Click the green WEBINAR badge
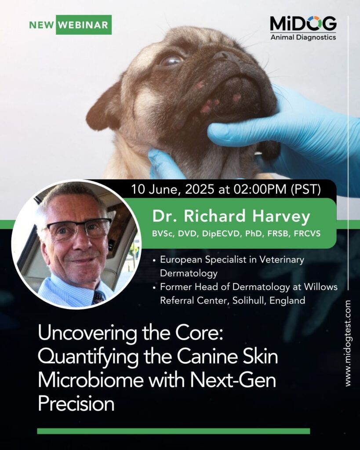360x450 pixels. point(84,25)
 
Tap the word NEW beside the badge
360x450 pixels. point(41,25)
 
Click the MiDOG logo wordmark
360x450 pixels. point(303,24)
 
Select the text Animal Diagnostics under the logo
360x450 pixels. point(303,37)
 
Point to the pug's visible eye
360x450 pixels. point(171,60)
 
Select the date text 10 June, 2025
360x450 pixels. point(172,189)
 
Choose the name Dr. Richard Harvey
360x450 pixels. point(231,216)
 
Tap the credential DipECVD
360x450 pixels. point(221,234)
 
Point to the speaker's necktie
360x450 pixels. point(98,297)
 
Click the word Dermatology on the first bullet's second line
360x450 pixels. point(189,273)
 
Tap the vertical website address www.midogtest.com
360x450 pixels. point(348,343)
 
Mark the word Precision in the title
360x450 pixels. point(76,403)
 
